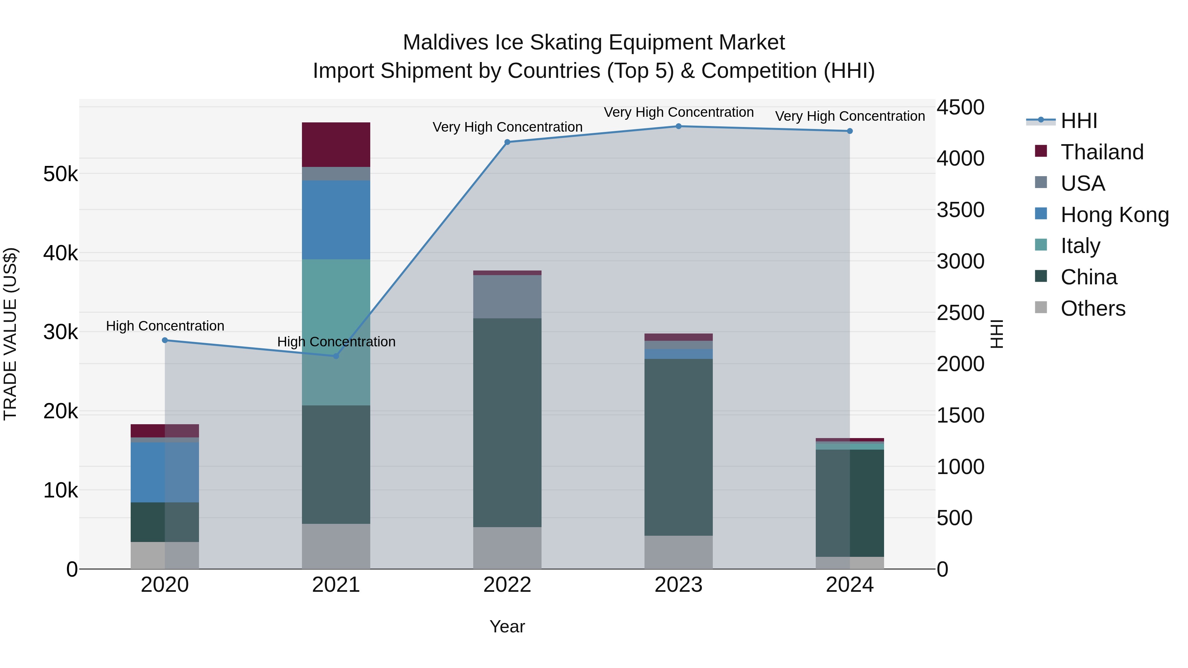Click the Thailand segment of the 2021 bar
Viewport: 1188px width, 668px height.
pos(336,144)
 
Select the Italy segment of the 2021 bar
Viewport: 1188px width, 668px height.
pos(336,332)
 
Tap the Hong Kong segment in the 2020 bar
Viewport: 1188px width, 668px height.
pos(165,472)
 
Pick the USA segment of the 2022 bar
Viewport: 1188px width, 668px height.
pos(507,297)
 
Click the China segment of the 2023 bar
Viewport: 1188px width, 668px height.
pos(678,447)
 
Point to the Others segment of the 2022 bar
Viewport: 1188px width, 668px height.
pos(507,548)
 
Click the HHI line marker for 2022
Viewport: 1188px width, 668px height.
pos(507,142)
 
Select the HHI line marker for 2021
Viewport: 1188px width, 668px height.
pos(336,356)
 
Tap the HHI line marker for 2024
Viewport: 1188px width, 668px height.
pos(850,131)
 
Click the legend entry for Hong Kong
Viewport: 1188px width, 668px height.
pos(1114,215)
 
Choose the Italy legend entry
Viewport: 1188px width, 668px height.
pos(1080,246)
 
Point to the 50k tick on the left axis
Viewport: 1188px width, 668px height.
pos(60,174)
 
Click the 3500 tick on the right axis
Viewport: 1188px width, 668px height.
pos(961,210)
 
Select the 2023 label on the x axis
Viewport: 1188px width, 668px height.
pos(678,585)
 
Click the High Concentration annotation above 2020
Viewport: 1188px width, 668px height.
pos(165,326)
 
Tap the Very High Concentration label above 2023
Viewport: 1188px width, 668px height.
pos(678,112)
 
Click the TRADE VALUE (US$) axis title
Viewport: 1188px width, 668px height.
pos(10,334)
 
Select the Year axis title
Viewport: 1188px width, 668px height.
pos(507,626)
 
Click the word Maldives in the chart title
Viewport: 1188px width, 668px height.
pos(445,43)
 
